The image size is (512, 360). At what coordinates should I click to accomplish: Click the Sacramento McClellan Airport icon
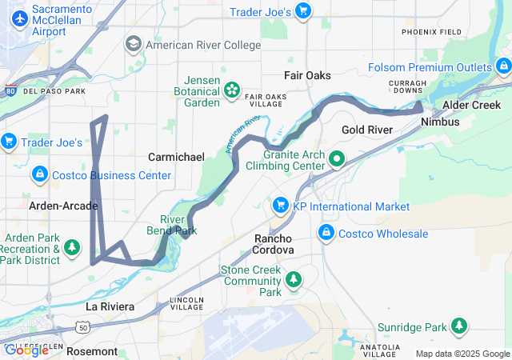pyautogui.click(x=16, y=17)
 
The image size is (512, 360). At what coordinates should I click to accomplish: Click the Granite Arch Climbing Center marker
pyautogui.click(x=336, y=158)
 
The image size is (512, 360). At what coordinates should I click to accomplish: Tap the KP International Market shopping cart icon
pyautogui.click(x=280, y=206)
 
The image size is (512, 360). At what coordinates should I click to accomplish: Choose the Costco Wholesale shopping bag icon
pyautogui.click(x=326, y=234)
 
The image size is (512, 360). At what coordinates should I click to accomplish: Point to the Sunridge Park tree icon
pyautogui.click(x=458, y=326)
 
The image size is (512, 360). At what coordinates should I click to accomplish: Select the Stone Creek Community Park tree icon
pyautogui.click(x=294, y=278)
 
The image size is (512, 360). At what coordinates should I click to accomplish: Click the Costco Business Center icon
pyautogui.click(x=39, y=174)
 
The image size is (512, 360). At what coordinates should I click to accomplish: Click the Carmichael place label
pyautogui.click(x=177, y=157)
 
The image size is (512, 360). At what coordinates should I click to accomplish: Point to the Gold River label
pyautogui.click(x=366, y=130)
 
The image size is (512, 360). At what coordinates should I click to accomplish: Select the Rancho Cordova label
pyautogui.click(x=273, y=244)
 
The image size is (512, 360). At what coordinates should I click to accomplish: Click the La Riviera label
pyautogui.click(x=110, y=306)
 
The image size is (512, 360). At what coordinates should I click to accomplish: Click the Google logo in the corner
pyautogui.click(x=27, y=350)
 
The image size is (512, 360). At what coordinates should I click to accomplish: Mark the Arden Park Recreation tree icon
pyautogui.click(x=73, y=248)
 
